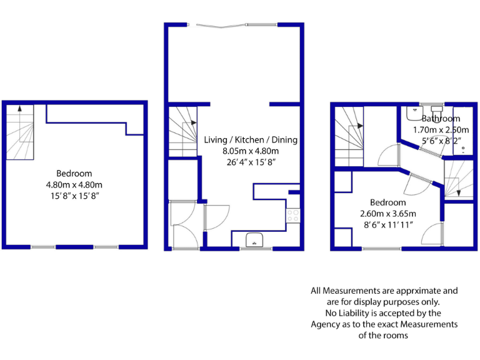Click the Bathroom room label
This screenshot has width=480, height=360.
point(441,118)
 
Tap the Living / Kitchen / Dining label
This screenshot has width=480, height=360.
point(251,139)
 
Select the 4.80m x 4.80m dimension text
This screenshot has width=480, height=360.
point(74,184)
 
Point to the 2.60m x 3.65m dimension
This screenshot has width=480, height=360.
point(387,214)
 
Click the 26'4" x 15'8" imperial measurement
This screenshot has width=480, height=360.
point(251,162)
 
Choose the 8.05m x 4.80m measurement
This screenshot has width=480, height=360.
point(251,151)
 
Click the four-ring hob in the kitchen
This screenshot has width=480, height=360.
point(292,216)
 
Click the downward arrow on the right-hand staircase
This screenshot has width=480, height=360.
point(458,186)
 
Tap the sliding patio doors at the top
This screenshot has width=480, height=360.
point(234,25)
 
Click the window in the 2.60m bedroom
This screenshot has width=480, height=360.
point(382,249)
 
